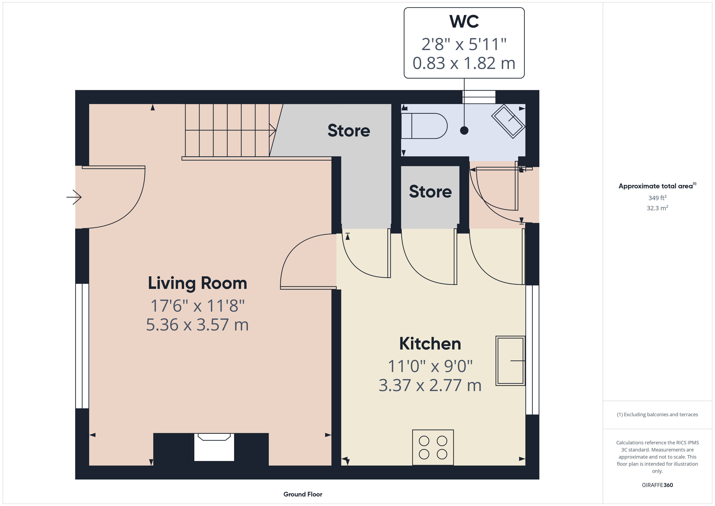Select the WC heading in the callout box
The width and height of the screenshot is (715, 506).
pos(464,22)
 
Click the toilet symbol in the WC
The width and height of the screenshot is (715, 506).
pos(424,126)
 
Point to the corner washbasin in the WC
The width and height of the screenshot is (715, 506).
pos(508,121)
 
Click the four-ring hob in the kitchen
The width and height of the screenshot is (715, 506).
pos(433,447)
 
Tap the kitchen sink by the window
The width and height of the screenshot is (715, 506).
pos(510,361)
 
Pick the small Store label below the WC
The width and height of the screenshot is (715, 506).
pos(430,192)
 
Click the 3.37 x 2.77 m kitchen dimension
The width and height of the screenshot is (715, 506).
pos(430,385)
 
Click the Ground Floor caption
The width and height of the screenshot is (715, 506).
pos(303,494)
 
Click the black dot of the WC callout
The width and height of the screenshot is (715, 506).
pos(464,131)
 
